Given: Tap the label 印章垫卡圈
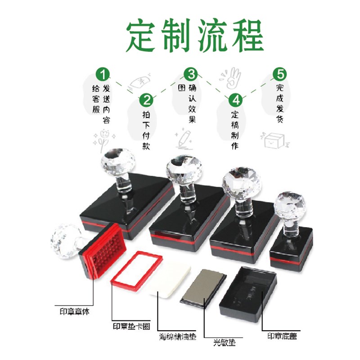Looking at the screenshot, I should pos(131,326).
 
